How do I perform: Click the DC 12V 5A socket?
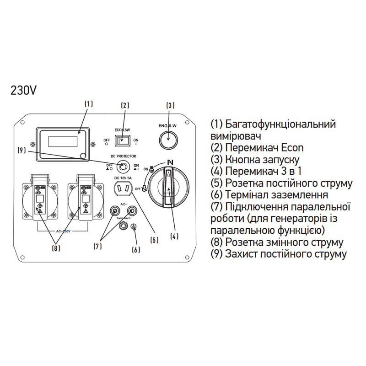[123, 189]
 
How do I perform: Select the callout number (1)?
[89, 104]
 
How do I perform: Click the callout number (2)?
[125, 105]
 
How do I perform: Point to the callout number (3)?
[170, 105]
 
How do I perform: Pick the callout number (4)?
[174, 237]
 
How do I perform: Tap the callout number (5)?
[154, 239]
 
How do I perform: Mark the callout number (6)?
[136, 249]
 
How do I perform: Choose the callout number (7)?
[97, 246]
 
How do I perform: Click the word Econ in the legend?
[292, 148]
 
